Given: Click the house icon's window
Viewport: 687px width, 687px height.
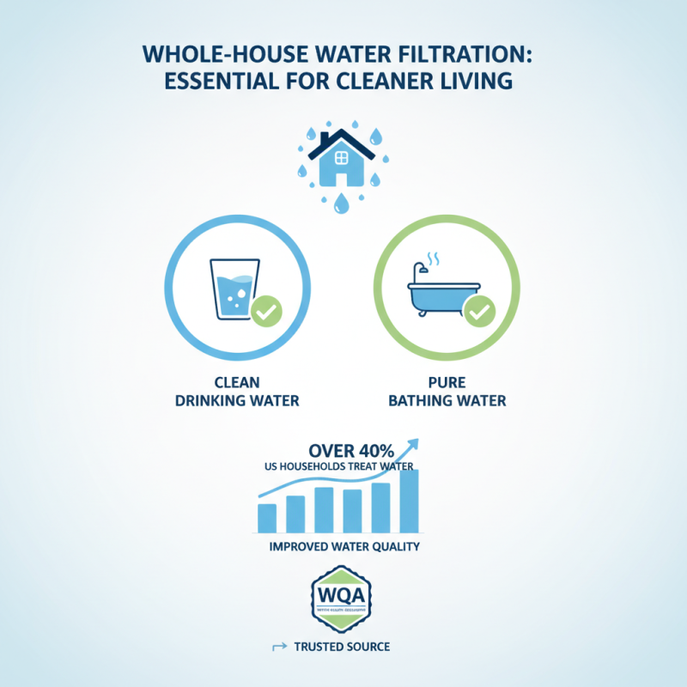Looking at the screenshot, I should (341, 158).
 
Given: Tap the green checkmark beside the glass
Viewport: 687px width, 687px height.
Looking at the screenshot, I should (269, 310).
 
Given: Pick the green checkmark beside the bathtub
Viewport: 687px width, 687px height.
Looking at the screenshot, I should (478, 310).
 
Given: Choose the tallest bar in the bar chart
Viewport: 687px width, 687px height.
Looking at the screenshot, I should (409, 502).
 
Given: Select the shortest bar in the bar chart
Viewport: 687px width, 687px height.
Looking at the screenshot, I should (267, 518).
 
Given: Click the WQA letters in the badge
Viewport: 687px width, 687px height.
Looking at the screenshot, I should (342, 594).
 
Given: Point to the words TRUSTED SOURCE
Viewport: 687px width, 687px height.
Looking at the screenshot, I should (353, 646).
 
